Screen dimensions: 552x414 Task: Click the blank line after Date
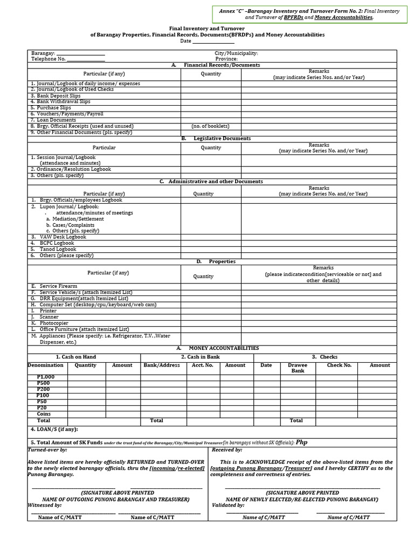tap(213, 42)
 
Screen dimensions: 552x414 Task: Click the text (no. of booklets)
tap(210, 126)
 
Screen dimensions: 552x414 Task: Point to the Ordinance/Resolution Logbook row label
tap(71, 169)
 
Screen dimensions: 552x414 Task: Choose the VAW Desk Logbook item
tap(63, 237)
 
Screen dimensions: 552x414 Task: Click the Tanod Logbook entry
tap(58, 249)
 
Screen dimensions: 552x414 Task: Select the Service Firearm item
tap(58, 286)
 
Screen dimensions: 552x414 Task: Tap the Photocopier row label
tap(54, 323)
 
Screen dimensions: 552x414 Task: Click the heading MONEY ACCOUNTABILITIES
tap(224, 348)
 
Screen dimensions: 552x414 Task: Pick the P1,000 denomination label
tap(46, 377)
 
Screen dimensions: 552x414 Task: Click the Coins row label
tap(44, 414)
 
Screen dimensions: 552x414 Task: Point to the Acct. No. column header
tap(203, 365)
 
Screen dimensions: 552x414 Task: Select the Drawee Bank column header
tap(298, 368)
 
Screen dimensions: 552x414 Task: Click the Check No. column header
tap(339, 365)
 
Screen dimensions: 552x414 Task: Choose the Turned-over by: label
tap(47, 450)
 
